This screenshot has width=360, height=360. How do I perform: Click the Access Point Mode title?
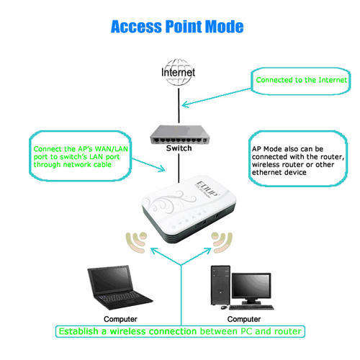coord(177,27)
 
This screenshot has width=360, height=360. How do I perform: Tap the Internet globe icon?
coord(178,72)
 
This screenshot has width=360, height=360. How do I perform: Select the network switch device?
coord(179,135)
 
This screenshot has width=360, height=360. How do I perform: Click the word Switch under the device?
coord(179,148)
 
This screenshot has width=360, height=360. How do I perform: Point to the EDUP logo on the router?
coord(207,189)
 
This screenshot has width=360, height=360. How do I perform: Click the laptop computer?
coord(120,287)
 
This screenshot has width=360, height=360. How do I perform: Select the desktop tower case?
coord(220,285)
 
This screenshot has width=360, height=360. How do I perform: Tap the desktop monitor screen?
coord(251,287)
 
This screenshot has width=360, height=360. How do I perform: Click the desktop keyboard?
coord(251,307)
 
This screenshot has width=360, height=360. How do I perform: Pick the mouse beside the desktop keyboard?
coord(224,307)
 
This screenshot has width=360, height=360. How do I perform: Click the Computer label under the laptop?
coord(120,319)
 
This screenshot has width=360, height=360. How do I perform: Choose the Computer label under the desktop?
coord(244,319)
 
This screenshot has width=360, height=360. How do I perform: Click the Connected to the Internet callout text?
coord(302,80)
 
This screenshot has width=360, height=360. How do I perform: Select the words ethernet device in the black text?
coord(279,172)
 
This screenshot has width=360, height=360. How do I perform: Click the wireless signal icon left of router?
coord(135,243)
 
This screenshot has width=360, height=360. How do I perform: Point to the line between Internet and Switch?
coord(179,106)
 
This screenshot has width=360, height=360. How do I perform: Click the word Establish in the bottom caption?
coord(78,331)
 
